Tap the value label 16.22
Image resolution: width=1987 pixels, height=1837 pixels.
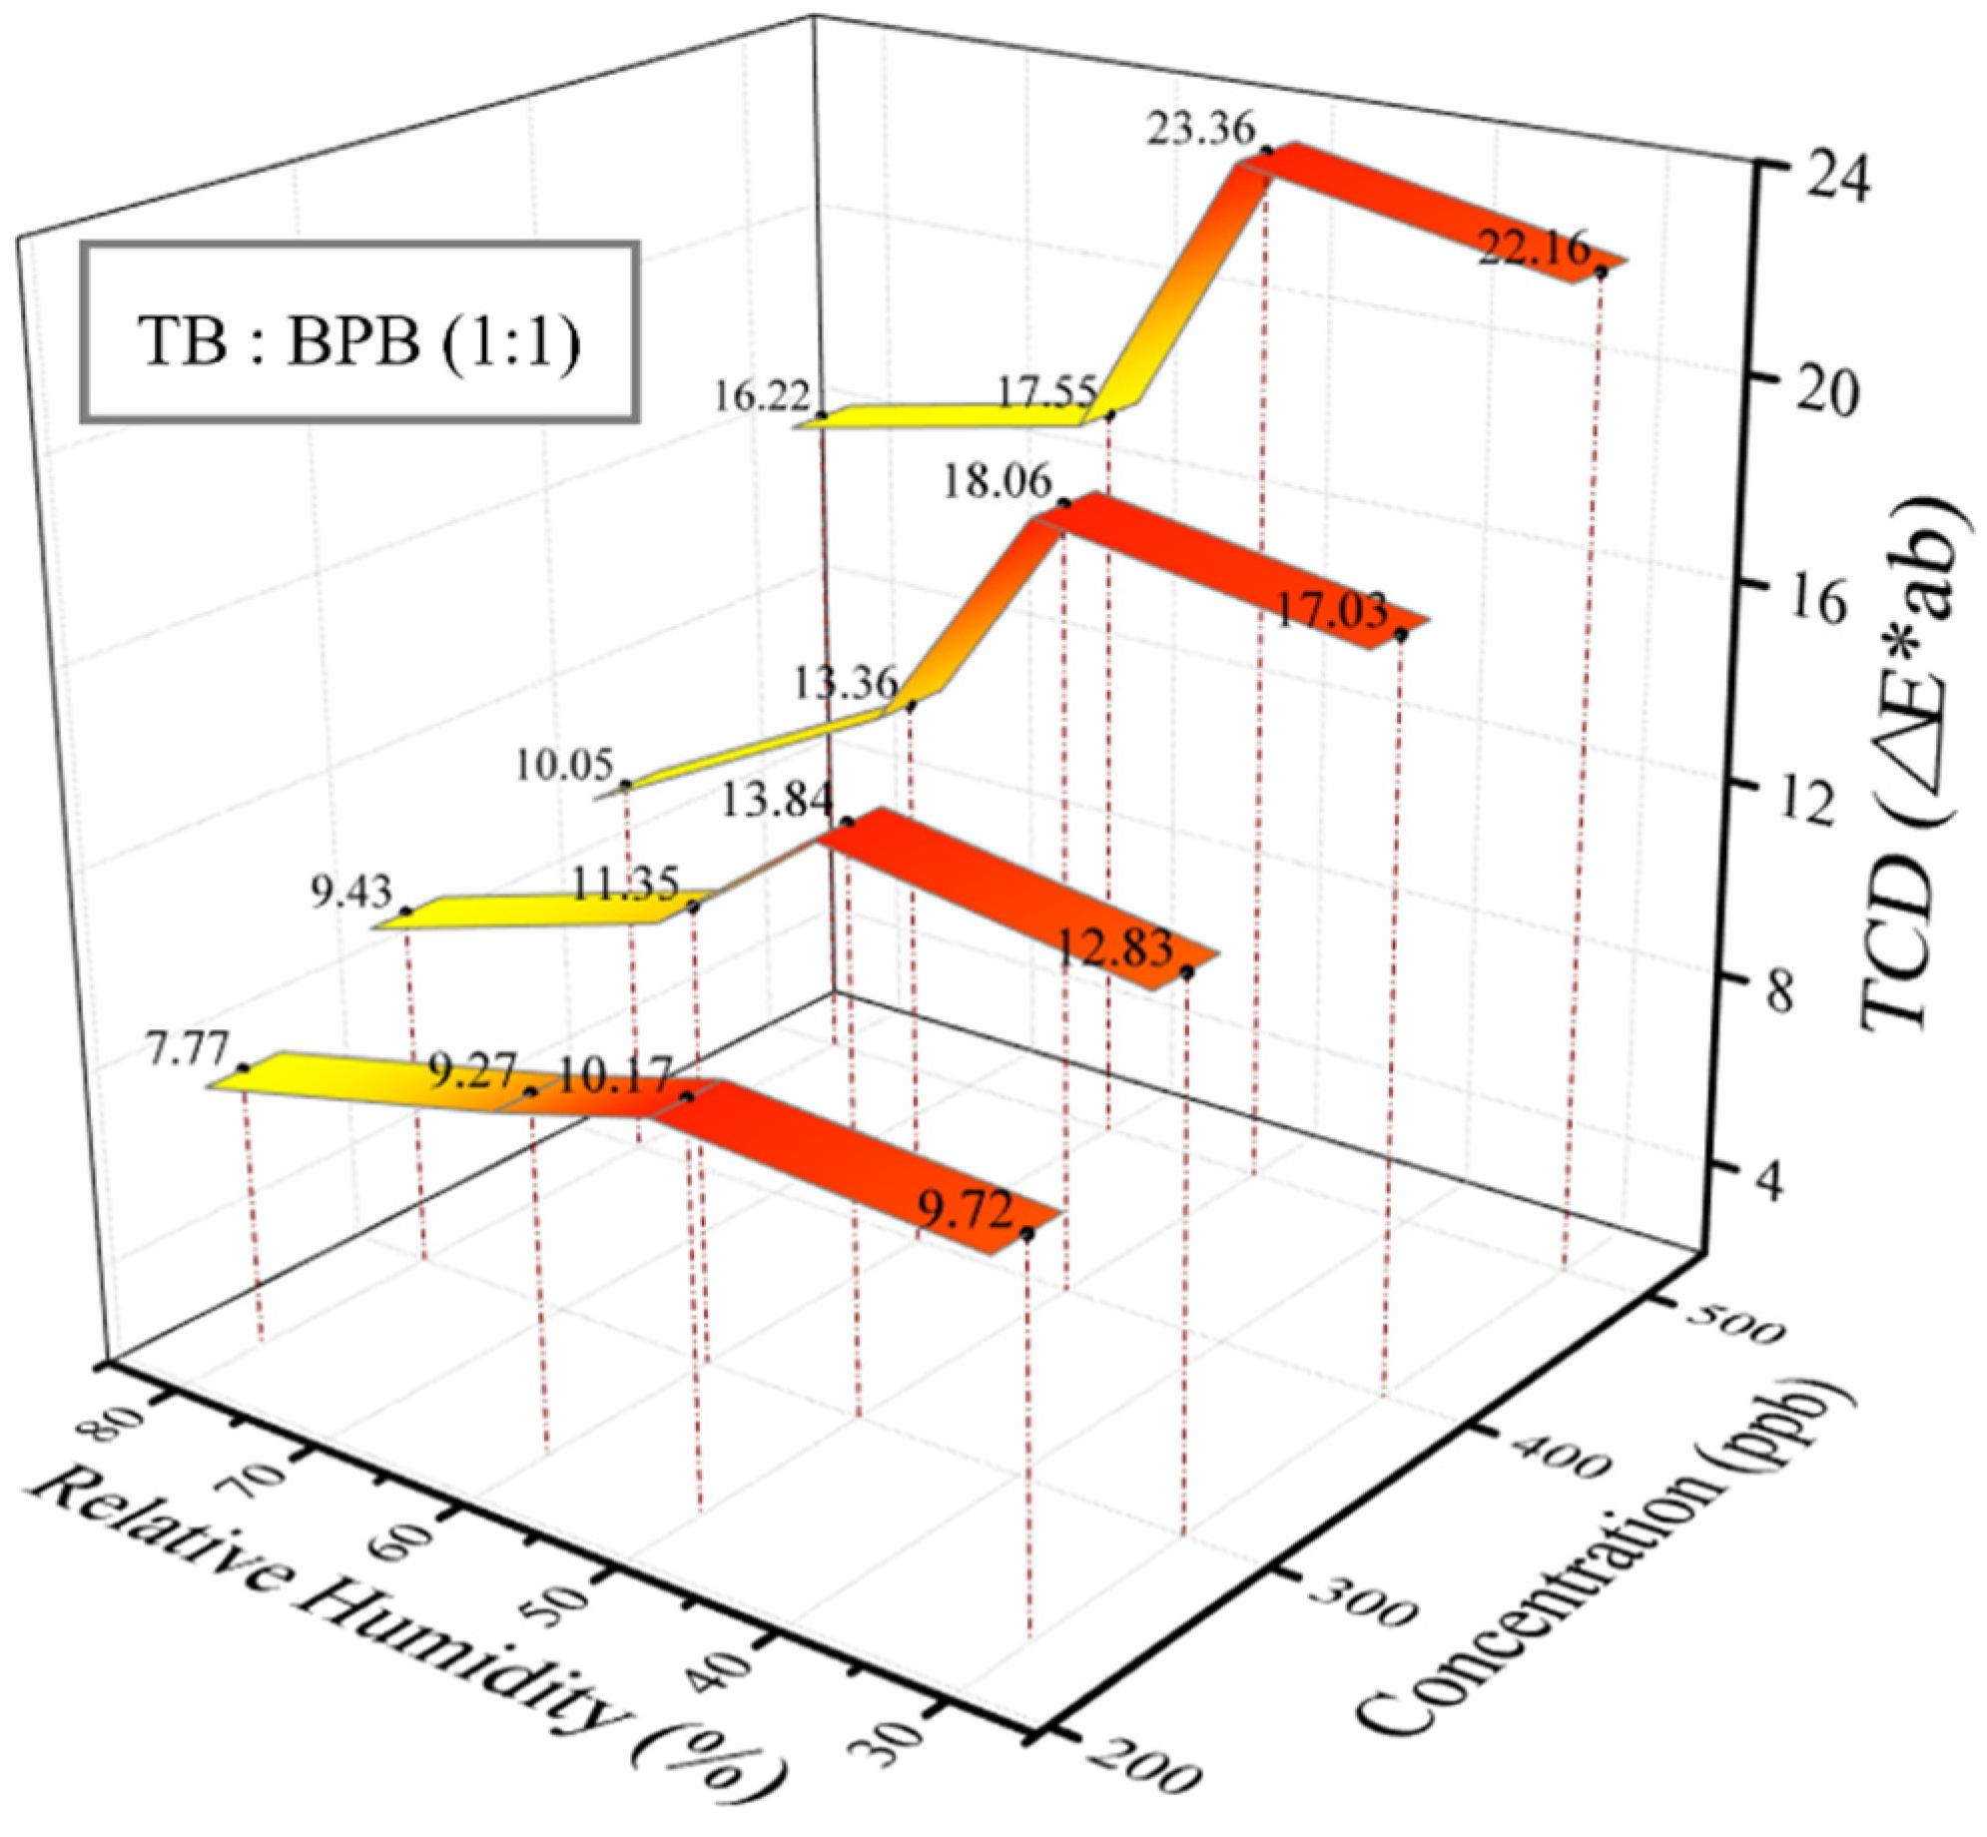click(761, 396)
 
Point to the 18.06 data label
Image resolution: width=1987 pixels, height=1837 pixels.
click(997, 482)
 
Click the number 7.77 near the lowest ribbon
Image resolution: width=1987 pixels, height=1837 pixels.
click(188, 1050)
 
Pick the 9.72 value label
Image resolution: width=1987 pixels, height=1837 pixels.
click(966, 1212)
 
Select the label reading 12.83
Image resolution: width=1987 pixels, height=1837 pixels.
click(1114, 947)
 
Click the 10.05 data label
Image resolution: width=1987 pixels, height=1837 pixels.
click(564, 766)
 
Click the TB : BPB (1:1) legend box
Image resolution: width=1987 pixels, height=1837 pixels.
click(359, 332)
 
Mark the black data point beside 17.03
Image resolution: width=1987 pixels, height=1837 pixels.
click(1401, 635)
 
